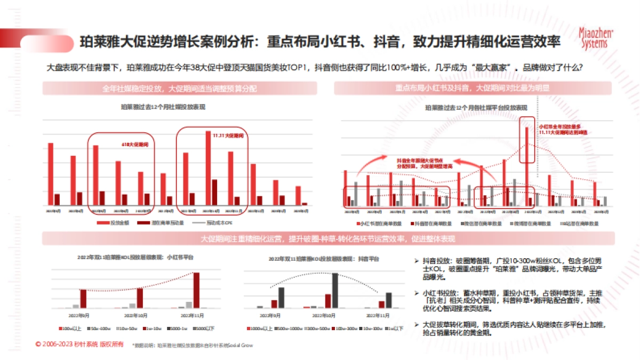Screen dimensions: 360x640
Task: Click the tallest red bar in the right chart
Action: [527, 166]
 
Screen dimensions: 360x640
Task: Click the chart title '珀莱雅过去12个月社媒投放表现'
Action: [163, 107]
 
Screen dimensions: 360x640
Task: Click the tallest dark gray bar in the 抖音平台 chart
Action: [335, 290]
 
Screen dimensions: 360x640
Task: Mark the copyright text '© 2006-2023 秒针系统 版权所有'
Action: [79, 345]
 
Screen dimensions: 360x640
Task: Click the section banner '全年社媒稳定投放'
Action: [180, 89]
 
